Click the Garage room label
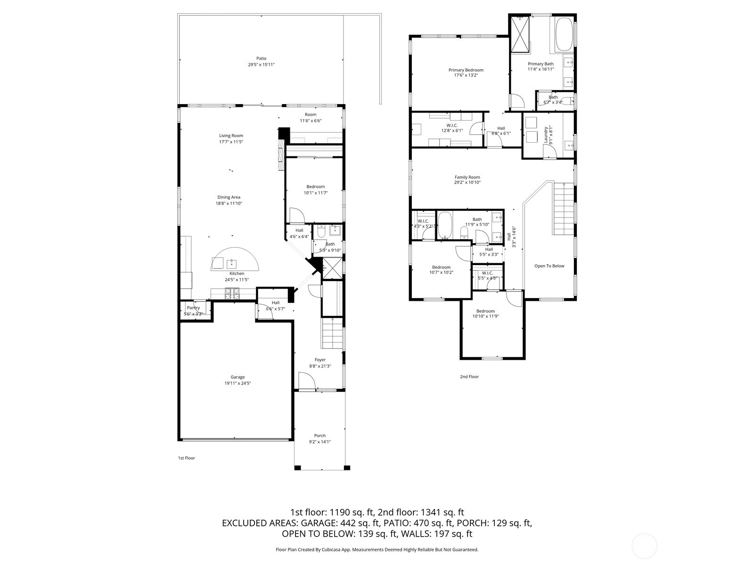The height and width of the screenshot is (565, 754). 238,377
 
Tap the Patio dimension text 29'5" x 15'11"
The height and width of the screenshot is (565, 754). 261,65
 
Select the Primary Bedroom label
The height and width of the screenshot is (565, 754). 466,70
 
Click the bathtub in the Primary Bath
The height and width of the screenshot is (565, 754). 564,34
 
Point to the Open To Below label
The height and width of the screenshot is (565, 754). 549,266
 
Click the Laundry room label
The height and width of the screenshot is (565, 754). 546,135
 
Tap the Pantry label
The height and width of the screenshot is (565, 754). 193,307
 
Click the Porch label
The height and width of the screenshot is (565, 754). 320,436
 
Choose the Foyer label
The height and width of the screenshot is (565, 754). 320,360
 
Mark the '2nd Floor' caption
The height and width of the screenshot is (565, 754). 469,377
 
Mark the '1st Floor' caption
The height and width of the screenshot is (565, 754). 186,458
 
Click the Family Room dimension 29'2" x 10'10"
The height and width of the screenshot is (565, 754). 467,183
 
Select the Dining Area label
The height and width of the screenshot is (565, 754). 229,197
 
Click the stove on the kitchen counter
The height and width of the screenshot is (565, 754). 232,294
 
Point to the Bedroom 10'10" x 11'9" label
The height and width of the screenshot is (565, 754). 485,311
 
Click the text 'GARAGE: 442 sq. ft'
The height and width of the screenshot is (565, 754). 340,523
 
